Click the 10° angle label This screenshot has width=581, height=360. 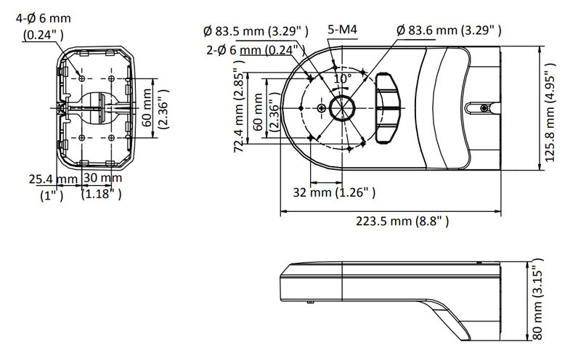pos(342,77)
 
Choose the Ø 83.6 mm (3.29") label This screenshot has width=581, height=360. pos(450,30)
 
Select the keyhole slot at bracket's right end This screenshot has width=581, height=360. pos(479,108)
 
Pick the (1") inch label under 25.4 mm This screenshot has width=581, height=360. pos(52,195)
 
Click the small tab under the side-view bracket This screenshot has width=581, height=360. pos(311,298)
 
